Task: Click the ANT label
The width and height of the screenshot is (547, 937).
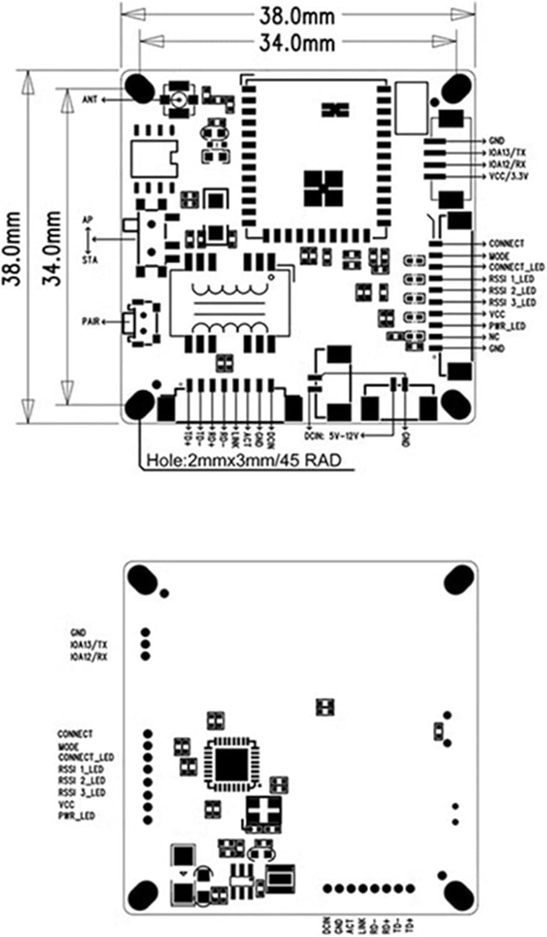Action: pyautogui.click(x=90, y=99)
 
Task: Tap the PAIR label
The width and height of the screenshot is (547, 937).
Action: pyautogui.click(x=91, y=321)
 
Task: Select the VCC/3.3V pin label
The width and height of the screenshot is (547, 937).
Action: pyautogui.click(x=509, y=176)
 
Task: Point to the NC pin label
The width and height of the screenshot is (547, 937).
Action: pyautogui.click(x=493, y=337)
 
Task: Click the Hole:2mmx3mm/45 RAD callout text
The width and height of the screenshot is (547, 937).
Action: pyautogui.click(x=244, y=461)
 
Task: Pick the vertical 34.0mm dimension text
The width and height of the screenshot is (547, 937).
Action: pyautogui.click(x=54, y=248)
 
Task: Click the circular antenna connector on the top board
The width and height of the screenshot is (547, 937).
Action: pyautogui.click(x=178, y=99)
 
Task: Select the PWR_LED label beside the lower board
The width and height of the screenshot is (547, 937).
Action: pyautogui.click(x=76, y=816)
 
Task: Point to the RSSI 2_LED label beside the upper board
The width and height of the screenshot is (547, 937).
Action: pyautogui.click(x=512, y=291)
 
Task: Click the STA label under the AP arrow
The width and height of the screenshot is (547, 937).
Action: pyautogui.click(x=90, y=259)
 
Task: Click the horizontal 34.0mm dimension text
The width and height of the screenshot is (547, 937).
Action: pyautogui.click(x=297, y=42)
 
